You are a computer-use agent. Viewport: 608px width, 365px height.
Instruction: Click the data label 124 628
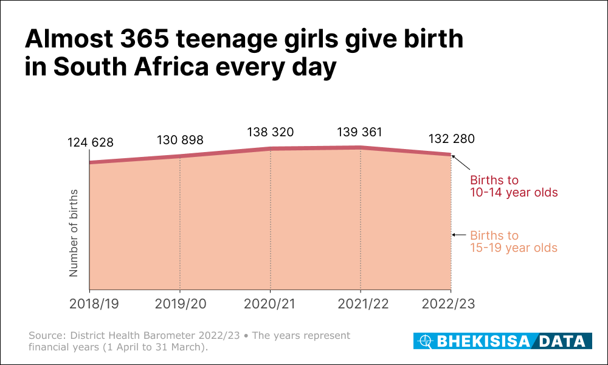pos(90,143)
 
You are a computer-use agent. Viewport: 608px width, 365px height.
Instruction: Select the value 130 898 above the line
pos(180,140)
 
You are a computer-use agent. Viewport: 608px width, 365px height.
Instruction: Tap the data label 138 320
pos(271,132)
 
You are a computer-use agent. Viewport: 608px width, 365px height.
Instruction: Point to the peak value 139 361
pos(361,132)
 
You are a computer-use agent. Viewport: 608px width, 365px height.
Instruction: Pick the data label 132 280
pos(451,139)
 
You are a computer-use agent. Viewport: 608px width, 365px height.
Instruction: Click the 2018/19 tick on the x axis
pos(90,304)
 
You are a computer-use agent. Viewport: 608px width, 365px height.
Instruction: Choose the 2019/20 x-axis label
pos(180,304)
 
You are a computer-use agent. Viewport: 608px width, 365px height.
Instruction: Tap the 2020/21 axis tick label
pos(271,304)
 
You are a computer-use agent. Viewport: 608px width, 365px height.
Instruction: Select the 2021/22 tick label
pos(361,304)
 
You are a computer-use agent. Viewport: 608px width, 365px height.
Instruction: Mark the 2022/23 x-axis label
pos(451,304)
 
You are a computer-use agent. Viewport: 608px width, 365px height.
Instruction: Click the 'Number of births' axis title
pos(74,233)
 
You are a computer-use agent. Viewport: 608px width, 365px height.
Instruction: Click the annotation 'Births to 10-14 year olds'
pos(514,186)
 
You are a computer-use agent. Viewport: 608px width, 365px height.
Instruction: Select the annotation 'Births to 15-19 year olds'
pos(514,242)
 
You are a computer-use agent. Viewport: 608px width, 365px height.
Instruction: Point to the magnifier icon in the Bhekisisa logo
pos(426,341)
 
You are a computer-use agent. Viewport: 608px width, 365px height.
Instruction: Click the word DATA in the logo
pos(564,341)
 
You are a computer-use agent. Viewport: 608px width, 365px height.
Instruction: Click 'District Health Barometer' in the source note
pos(129,336)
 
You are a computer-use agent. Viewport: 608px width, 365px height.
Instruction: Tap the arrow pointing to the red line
pos(461,162)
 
